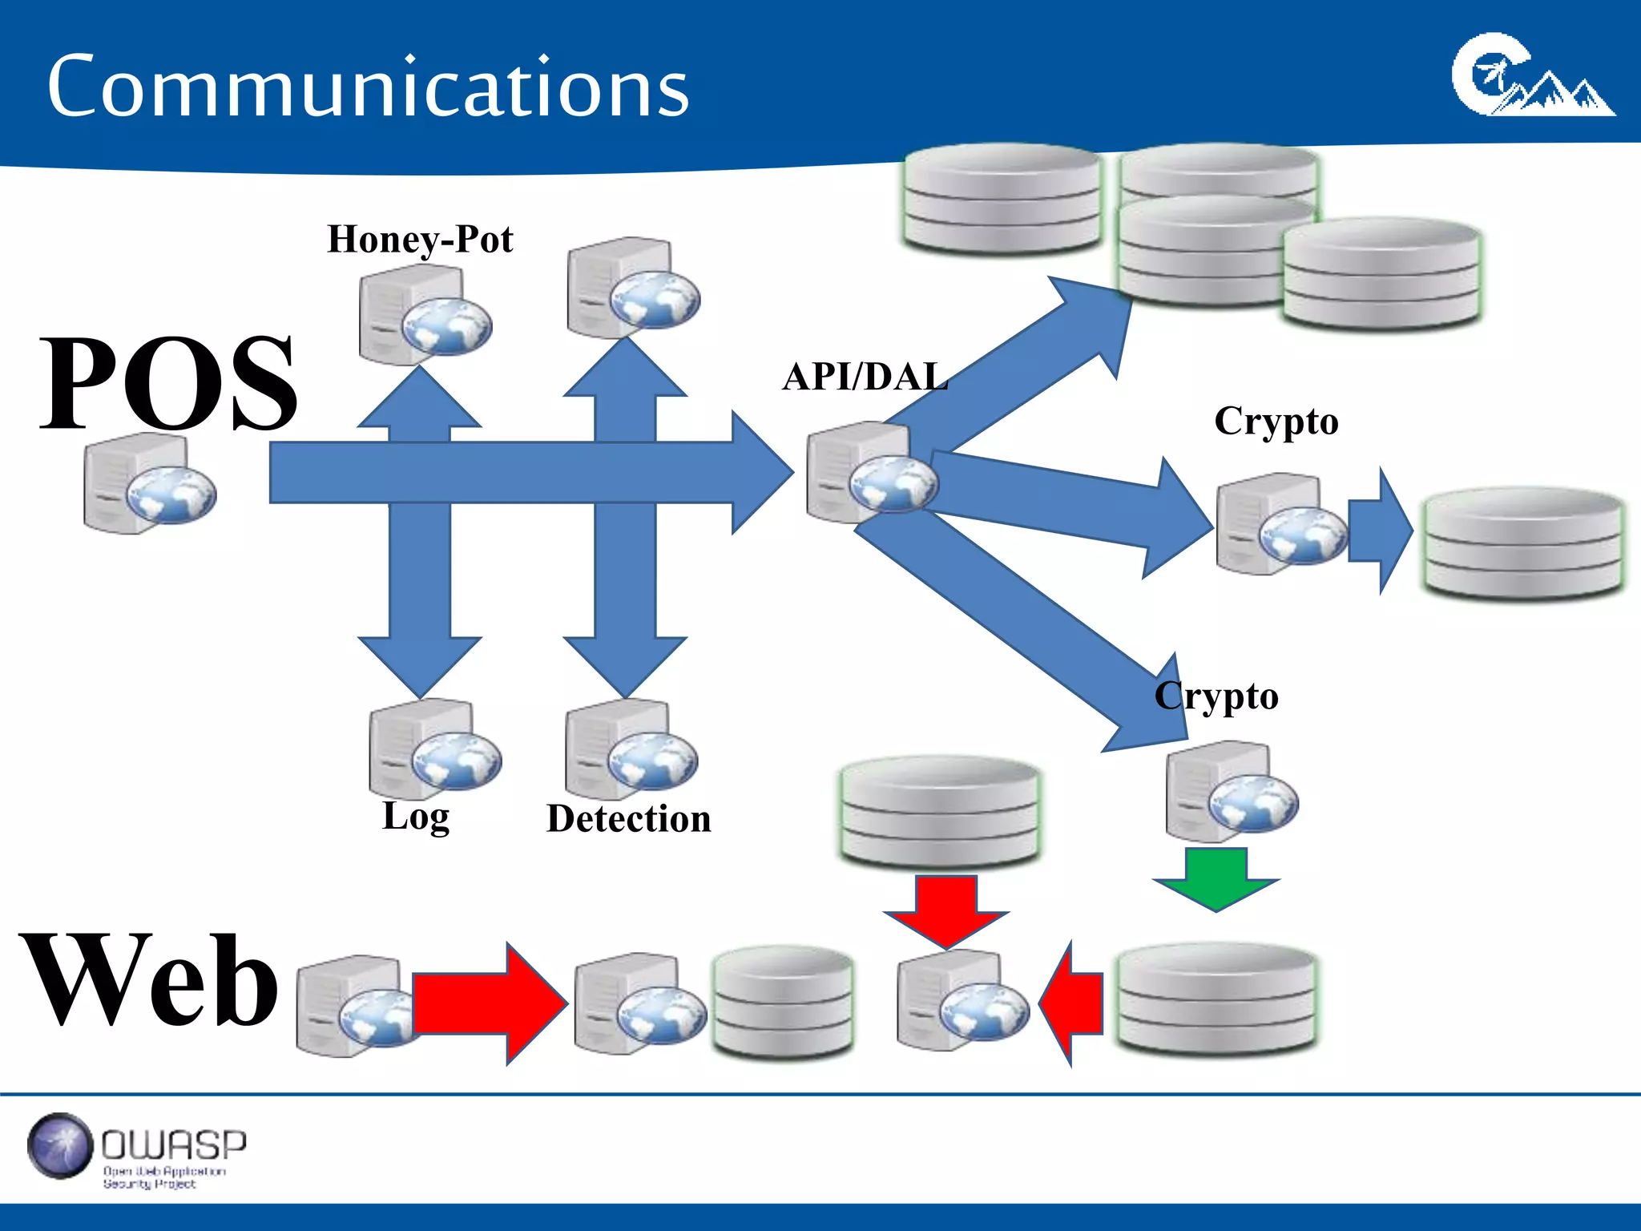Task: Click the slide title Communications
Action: click(x=368, y=87)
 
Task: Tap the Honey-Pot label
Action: click(x=420, y=240)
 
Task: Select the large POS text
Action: click(x=168, y=383)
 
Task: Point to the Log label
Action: click(x=416, y=817)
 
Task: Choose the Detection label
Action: click(x=629, y=819)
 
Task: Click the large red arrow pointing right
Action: click(x=489, y=1003)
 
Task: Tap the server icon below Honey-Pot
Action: click(x=425, y=316)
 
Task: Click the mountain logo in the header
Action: click(x=1532, y=76)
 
